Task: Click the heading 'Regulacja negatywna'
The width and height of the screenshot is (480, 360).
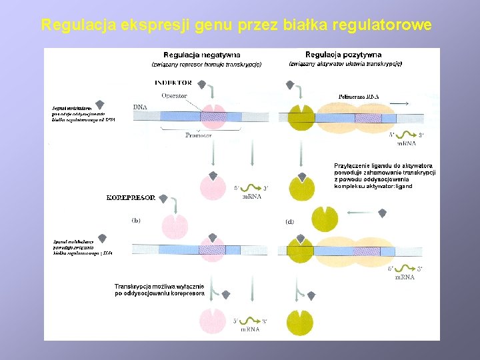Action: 202,55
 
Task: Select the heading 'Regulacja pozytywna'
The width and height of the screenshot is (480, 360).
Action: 344,55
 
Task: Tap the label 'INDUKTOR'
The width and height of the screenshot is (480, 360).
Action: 173,83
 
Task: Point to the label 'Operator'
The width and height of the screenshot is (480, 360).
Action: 174,96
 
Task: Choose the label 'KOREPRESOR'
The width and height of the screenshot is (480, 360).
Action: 131,198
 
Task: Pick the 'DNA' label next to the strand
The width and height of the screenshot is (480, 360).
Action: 140,107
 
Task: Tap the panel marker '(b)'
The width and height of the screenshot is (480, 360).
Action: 135,219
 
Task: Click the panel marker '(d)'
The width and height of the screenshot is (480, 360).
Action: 289,221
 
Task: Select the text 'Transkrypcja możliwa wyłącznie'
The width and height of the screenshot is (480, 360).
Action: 160,285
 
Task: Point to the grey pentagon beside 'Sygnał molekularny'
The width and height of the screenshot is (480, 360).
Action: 100,104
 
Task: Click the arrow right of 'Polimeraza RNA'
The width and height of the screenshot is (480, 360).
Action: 399,103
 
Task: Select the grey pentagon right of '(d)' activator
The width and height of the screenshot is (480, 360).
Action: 383,213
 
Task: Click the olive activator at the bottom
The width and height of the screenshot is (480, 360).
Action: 299,321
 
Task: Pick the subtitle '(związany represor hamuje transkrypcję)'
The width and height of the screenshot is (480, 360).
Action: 207,65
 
